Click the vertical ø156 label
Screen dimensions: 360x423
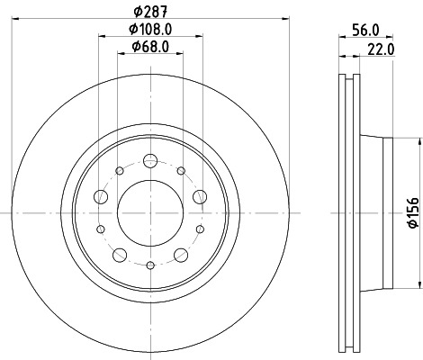(x=410, y=211)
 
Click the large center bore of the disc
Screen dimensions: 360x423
(x=150, y=211)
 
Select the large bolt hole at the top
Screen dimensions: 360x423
(x=150, y=163)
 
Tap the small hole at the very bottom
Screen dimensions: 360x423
(x=150, y=264)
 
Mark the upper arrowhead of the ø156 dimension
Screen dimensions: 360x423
(x=419, y=143)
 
